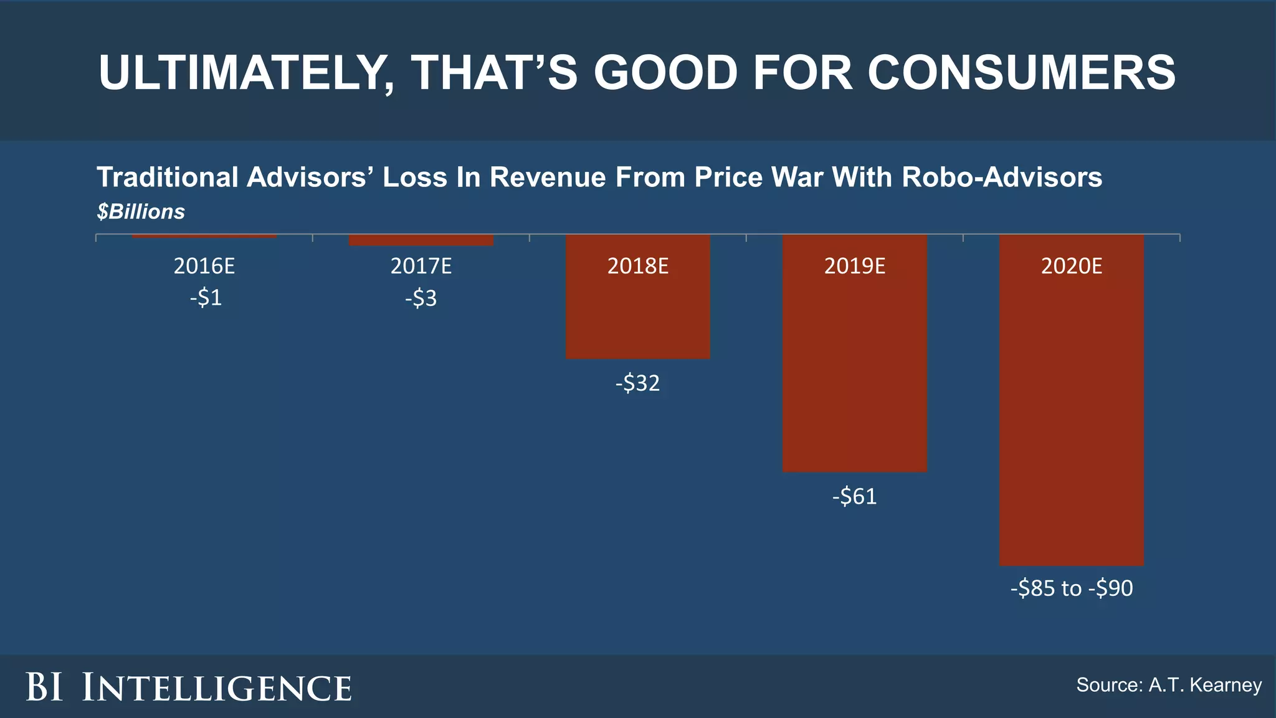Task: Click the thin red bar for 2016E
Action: click(x=204, y=236)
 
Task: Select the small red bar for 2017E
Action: click(x=421, y=241)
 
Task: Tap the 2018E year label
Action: click(x=637, y=267)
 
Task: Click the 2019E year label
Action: click(x=854, y=267)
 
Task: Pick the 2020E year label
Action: click(x=1071, y=267)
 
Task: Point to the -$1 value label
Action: click(x=206, y=298)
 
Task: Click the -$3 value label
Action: click(x=421, y=299)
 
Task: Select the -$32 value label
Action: click(x=637, y=383)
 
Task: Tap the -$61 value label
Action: click(x=854, y=497)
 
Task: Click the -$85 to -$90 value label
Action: click(x=1071, y=588)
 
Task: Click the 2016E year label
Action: click(x=204, y=267)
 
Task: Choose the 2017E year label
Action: click(x=421, y=267)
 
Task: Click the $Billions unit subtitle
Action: click(x=141, y=212)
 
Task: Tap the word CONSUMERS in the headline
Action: click(x=1021, y=73)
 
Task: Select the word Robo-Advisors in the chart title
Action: click(x=1002, y=178)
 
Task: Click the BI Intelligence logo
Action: click(x=189, y=687)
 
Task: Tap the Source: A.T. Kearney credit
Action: click(x=1169, y=685)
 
